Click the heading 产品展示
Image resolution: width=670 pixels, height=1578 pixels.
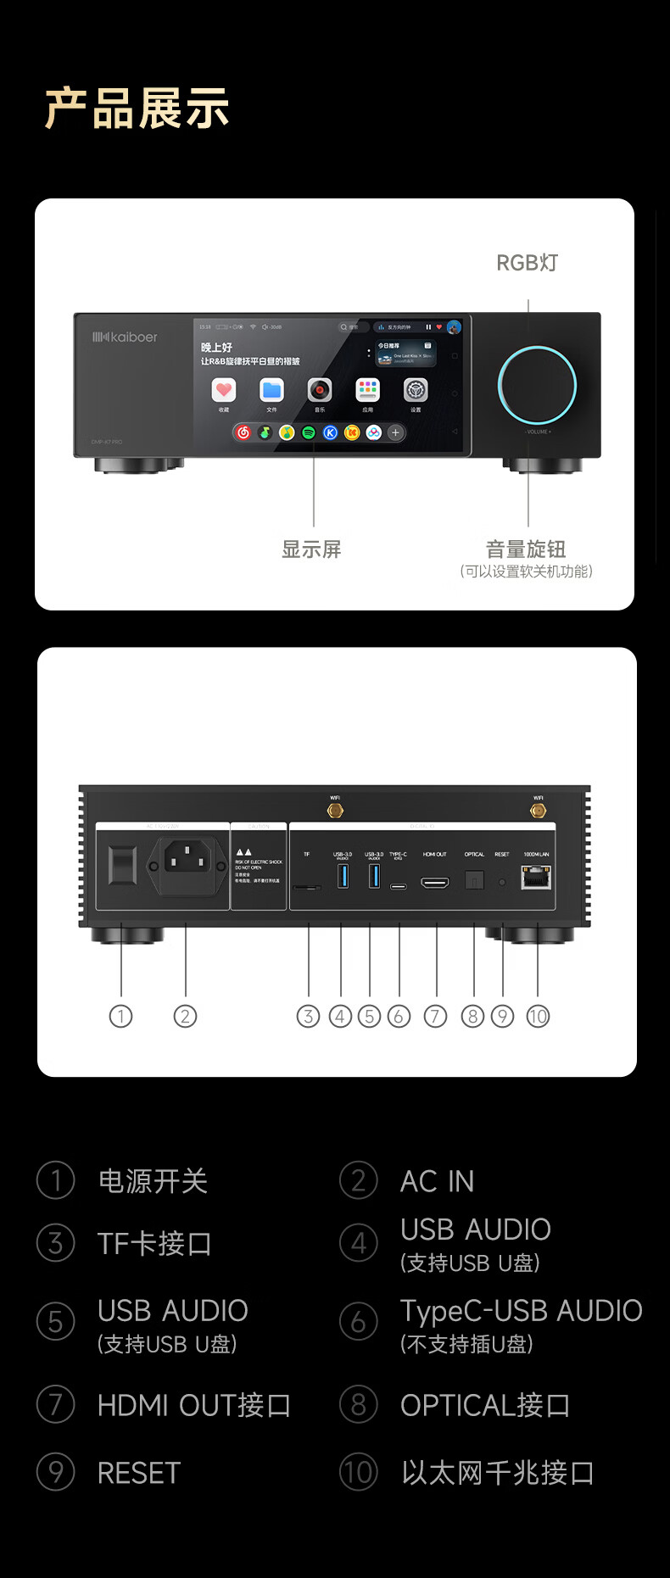coord(137,109)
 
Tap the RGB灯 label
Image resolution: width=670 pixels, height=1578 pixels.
coord(527,263)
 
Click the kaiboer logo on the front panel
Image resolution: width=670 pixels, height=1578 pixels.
coord(125,337)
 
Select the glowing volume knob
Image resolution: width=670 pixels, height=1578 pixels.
coord(537,385)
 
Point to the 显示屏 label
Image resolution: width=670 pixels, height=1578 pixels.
coord(311,549)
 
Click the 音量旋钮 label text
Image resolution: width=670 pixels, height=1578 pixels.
coord(526,549)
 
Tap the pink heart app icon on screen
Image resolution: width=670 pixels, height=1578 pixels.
coord(223,390)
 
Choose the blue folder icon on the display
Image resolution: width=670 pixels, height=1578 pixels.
coord(271,390)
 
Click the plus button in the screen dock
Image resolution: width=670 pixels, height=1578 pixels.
coord(395,432)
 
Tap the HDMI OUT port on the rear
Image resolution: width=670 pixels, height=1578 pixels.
coord(435,883)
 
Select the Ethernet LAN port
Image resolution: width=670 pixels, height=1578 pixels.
coord(536,878)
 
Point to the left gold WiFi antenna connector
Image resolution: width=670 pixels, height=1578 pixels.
coord(335,811)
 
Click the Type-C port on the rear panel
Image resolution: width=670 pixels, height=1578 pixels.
coord(398,886)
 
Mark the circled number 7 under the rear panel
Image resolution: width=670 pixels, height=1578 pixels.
coord(435,1016)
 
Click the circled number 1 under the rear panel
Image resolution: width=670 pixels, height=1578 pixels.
coord(121,1016)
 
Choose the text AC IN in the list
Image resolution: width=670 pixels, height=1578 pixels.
coord(437,1181)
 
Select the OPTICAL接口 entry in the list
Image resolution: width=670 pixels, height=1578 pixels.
coord(485,1405)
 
